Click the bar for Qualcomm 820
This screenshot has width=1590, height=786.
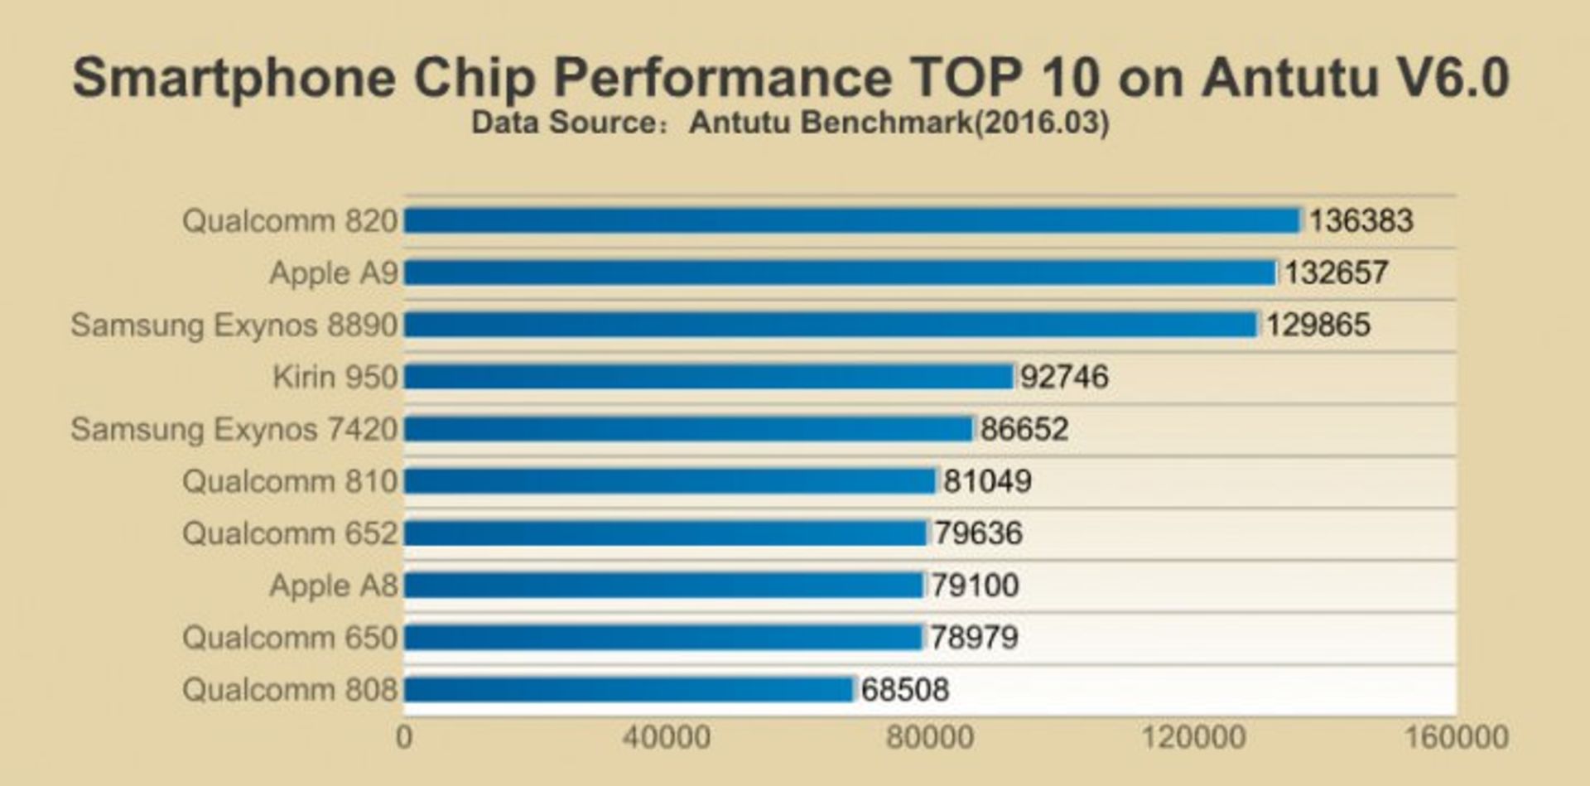[852, 221]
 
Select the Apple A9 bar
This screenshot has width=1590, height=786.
[840, 272]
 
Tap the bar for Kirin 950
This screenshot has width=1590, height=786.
[709, 377]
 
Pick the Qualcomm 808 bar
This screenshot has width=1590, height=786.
[629, 689]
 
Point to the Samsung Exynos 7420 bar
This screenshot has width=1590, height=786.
[688, 429]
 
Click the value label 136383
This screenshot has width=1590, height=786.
[1361, 221]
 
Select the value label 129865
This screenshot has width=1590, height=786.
[1318, 325]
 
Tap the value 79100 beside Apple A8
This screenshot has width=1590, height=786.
[975, 586]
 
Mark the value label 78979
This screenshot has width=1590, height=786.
[974, 638]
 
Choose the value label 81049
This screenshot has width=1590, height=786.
[987, 481]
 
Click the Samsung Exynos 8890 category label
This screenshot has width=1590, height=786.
[234, 325]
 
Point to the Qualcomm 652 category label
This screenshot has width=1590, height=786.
[290, 533]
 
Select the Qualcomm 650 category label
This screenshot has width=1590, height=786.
[290, 638]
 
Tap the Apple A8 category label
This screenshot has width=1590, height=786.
[334, 586]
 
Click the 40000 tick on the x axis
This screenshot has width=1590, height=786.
[667, 737]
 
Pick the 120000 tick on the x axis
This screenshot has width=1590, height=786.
[1193, 737]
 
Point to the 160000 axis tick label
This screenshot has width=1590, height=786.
[1456, 737]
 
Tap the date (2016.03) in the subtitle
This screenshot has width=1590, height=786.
[1041, 123]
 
